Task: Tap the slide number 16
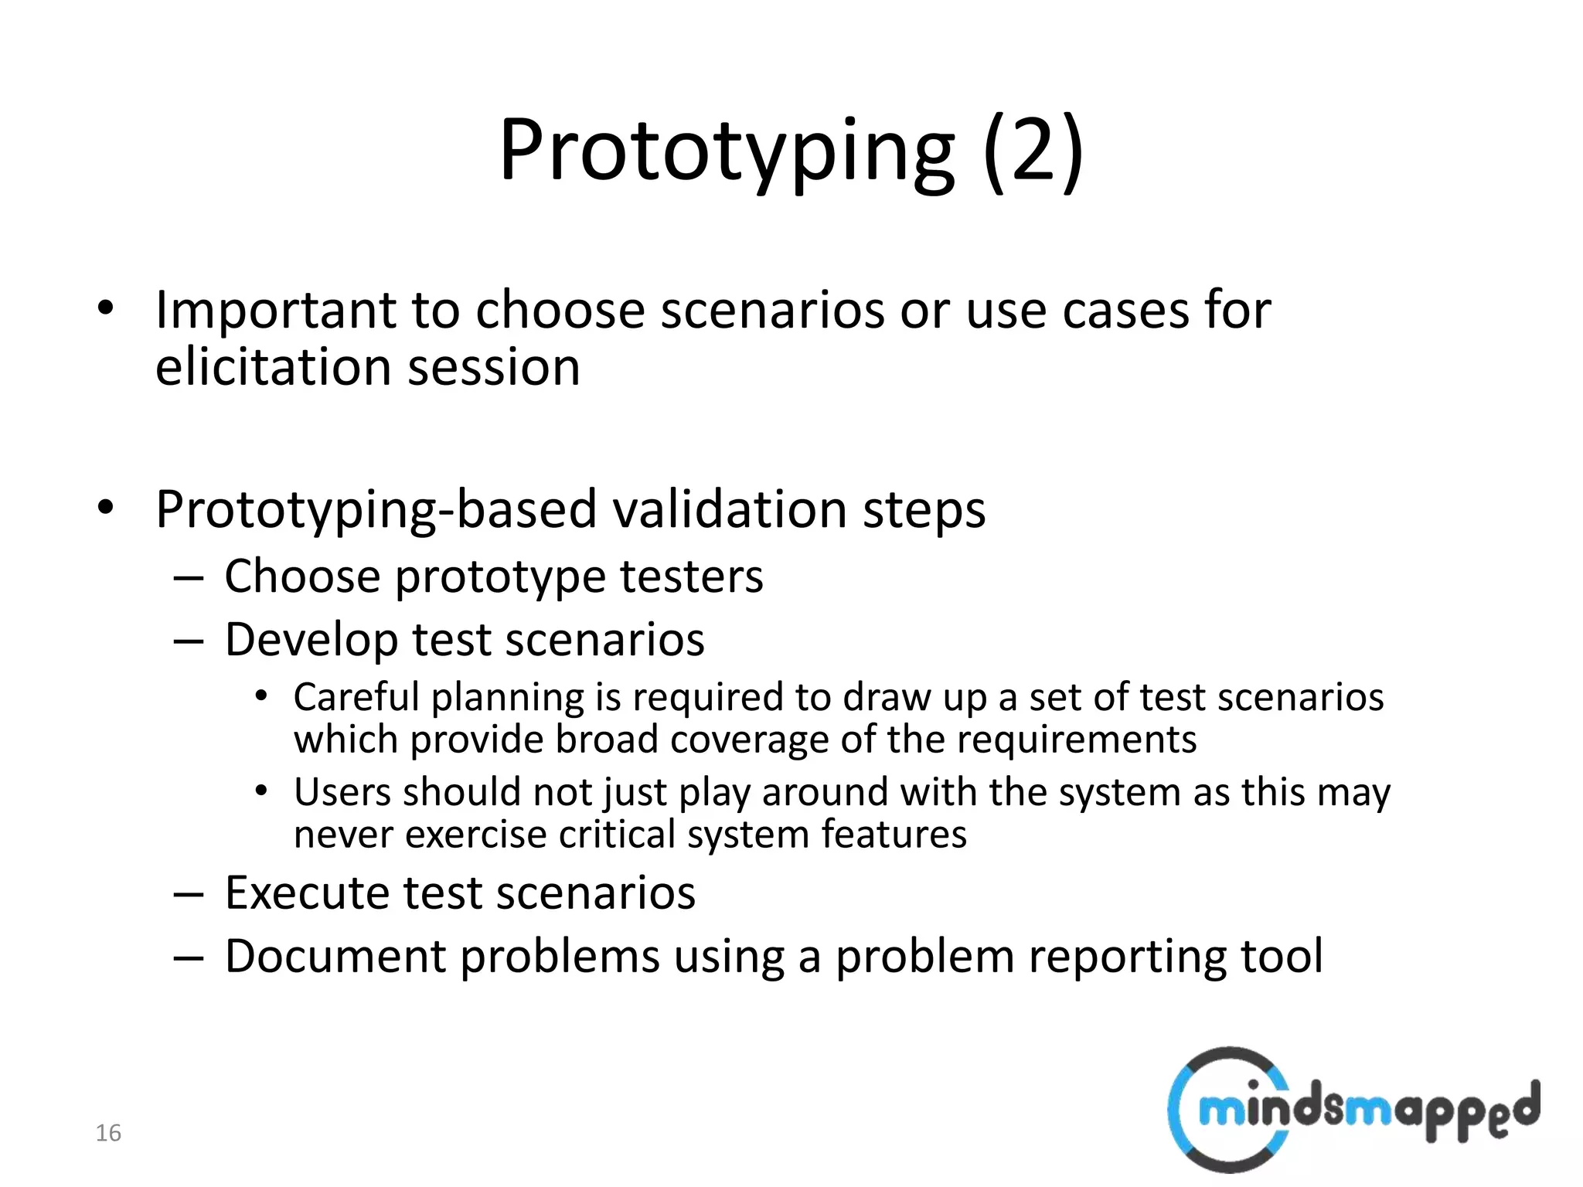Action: click(108, 1133)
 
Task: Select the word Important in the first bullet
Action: click(276, 311)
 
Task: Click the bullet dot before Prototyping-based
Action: click(106, 508)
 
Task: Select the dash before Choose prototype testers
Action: click(189, 578)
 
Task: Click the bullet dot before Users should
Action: click(262, 791)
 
